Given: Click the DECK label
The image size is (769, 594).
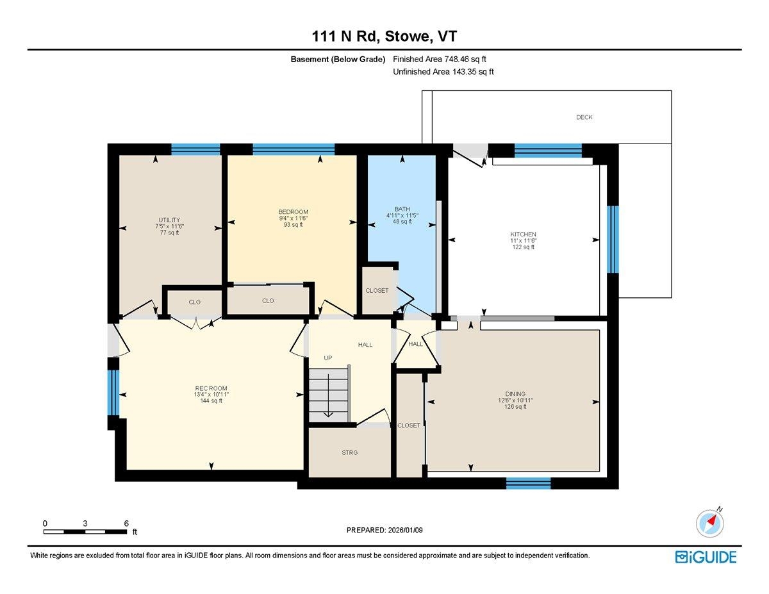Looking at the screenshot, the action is pos(584,117).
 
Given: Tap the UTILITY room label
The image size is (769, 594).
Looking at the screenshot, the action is pos(169,220).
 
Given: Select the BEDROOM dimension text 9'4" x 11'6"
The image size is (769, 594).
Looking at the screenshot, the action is pos(293,219).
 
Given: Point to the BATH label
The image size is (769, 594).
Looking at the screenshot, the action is pos(402,209).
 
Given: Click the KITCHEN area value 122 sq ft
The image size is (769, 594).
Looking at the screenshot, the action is pos(523,247).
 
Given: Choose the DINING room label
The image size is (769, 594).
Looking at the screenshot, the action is pos(515,394).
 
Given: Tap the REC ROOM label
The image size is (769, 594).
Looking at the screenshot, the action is pos(211,388).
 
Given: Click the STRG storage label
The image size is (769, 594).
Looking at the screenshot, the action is pos(350,452).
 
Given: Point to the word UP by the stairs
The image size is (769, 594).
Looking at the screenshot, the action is pos(328,358).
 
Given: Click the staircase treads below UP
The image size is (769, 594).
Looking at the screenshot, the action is pos(328,395).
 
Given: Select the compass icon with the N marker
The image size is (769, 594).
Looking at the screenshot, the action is pos(710,524).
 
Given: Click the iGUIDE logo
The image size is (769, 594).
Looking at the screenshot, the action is pos(706,557).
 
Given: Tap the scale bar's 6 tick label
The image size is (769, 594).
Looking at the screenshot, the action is pos(126,524).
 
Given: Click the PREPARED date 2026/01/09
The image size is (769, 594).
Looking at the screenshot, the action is pos(406,530).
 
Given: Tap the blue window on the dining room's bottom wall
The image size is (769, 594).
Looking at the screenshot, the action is pos(528,483).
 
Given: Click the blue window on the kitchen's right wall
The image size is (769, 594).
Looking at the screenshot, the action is pos(613,240).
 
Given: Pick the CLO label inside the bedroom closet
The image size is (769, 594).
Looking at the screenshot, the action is pos(268,301).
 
